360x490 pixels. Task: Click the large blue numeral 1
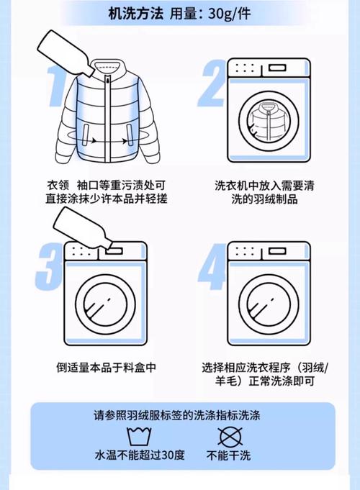(x=57, y=86)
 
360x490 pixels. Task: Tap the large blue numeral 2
(x=212, y=83)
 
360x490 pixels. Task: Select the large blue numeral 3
(x=50, y=266)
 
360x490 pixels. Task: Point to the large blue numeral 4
(x=213, y=266)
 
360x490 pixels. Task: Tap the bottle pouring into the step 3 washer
(x=84, y=228)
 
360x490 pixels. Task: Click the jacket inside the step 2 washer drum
(x=268, y=121)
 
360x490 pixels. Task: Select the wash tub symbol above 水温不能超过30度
(x=139, y=437)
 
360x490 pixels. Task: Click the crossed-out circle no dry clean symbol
(x=230, y=437)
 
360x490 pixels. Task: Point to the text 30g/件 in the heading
(x=230, y=14)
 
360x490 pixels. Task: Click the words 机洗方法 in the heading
(x=136, y=14)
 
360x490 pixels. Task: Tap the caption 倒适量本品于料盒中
(x=106, y=367)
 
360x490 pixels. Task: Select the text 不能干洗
(x=229, y=455)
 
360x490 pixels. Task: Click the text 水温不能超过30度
(x=140, y=455)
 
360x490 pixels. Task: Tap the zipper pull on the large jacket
(x=108, y=82)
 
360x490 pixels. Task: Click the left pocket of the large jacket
(x=85, y=134)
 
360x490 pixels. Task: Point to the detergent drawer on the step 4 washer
(x=277, y=251)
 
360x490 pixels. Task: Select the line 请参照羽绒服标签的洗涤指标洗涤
(x=177, y=415)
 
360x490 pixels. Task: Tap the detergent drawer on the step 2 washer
(x=277, y=68)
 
